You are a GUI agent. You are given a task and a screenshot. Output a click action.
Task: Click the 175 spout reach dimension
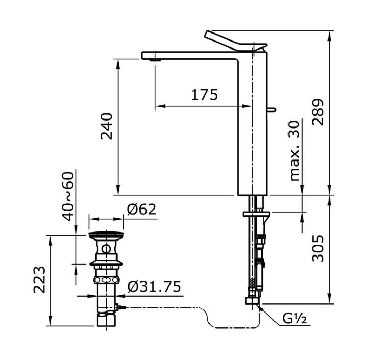(204, 95)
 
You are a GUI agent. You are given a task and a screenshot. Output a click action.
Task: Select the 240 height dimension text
(107, 126)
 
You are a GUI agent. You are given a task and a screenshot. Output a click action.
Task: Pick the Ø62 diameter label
(141, 210)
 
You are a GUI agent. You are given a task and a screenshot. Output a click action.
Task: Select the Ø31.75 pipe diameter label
(154, 286)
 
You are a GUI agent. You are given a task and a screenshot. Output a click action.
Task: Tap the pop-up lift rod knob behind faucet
(271, 110)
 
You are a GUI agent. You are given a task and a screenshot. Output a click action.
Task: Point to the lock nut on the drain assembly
(107, 280)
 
